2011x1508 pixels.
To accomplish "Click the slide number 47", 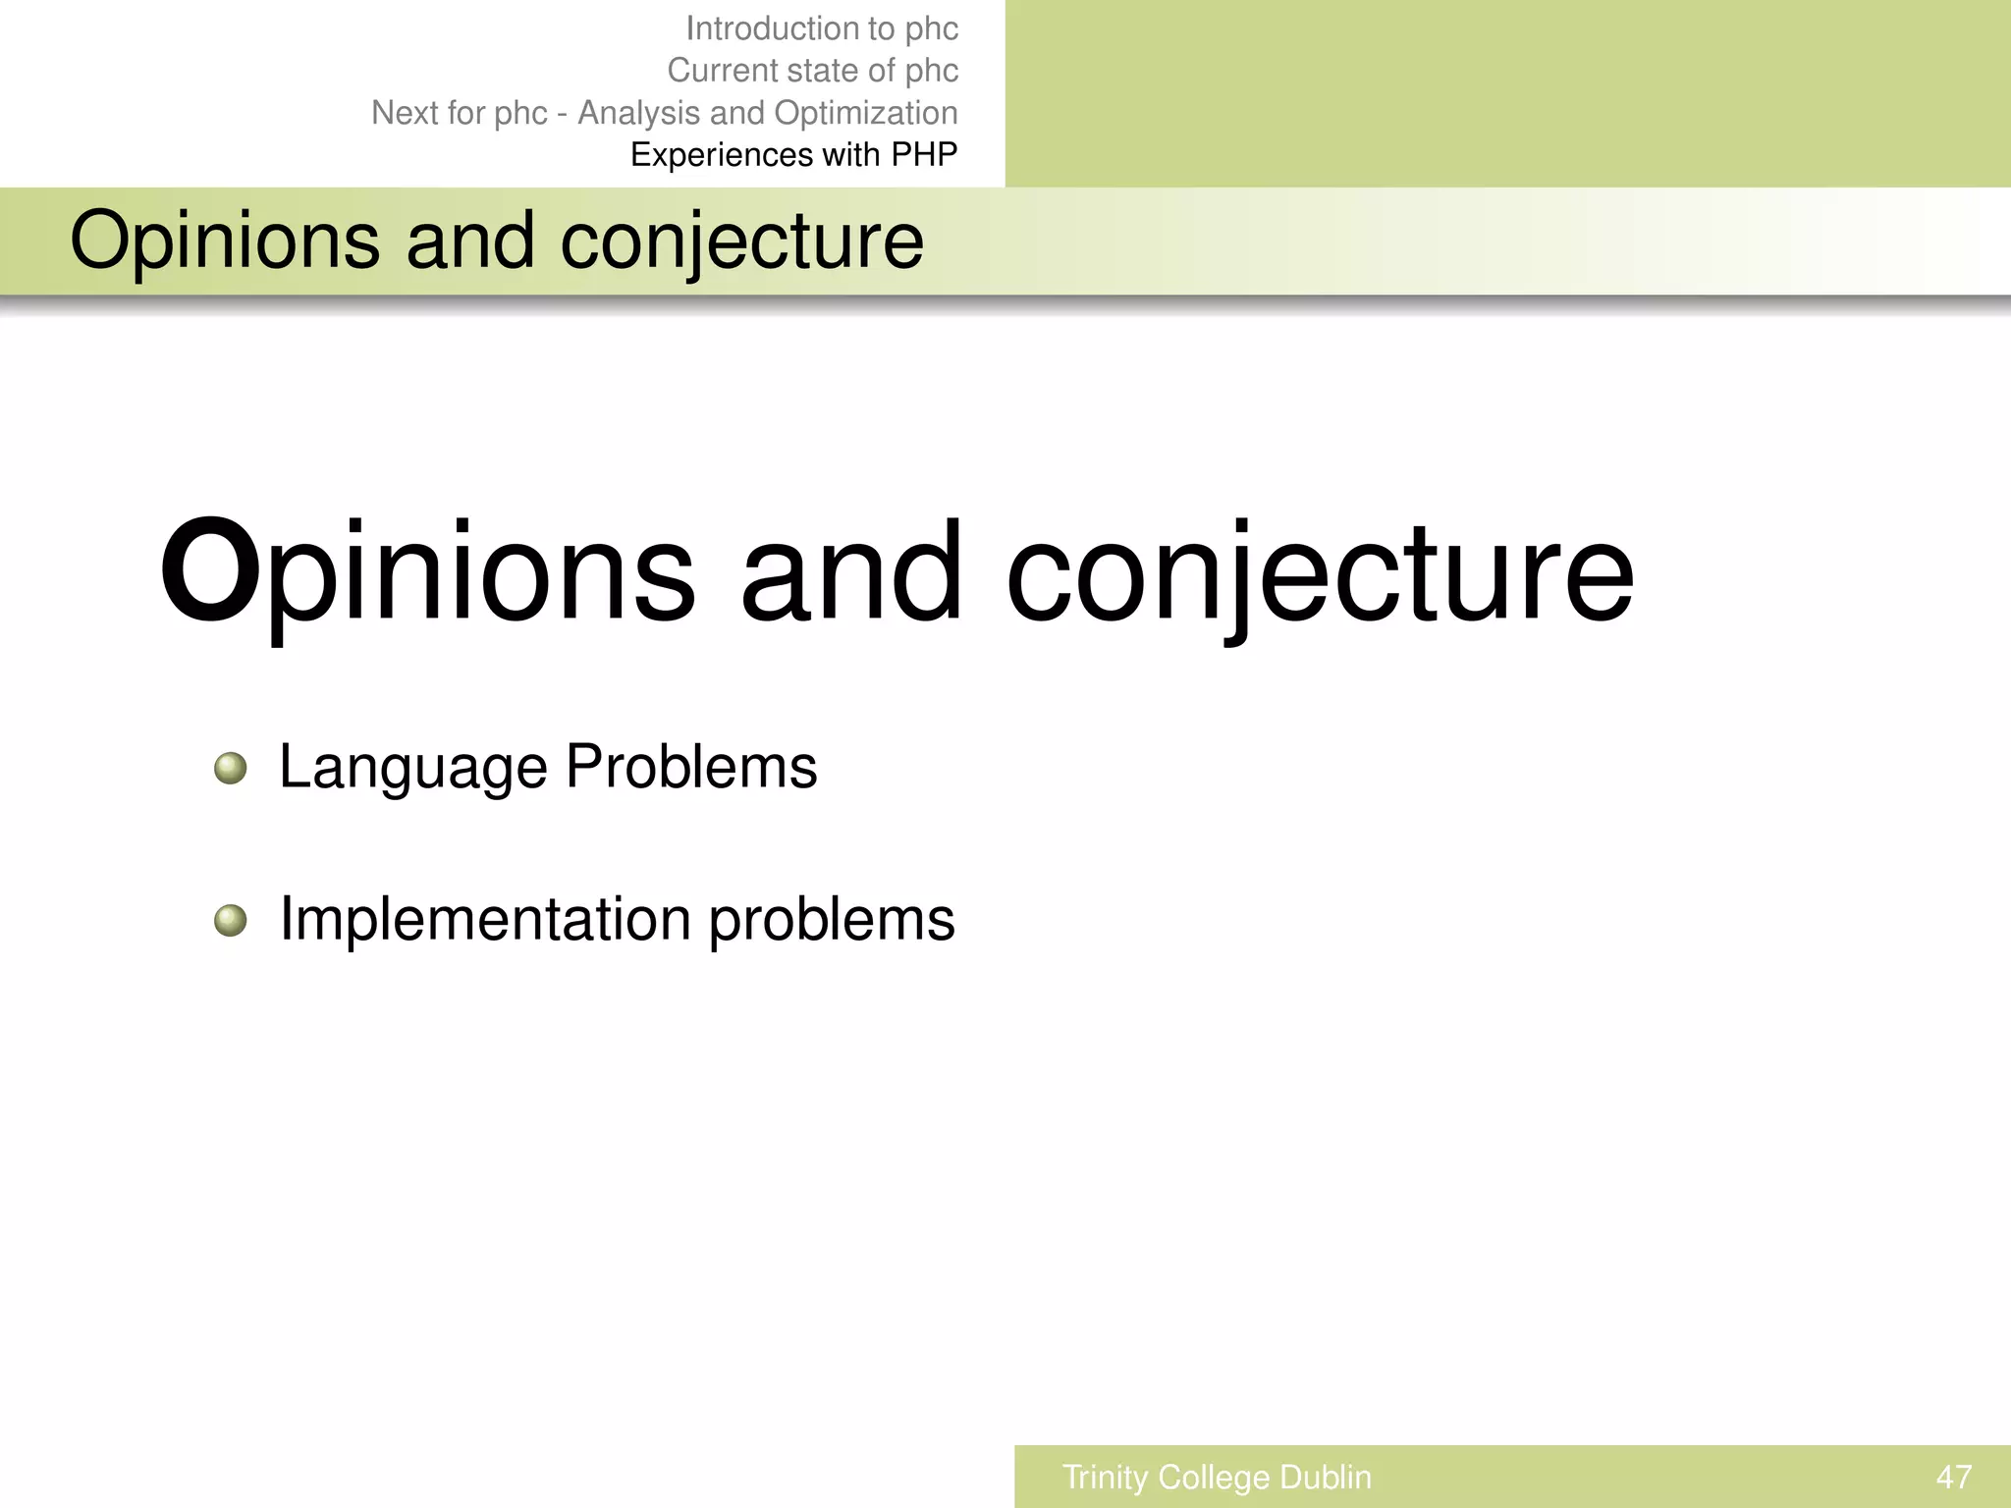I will (x=1953, y=1477).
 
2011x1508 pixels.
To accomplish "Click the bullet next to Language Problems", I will (x=231, y=768).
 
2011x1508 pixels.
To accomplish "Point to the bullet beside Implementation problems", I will (x=231, y=921).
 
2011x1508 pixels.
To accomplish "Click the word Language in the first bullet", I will (x=412, y=768).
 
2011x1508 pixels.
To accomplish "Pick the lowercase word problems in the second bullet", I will (x=832, y=921).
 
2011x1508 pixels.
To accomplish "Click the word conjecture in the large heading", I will (x=1320, y=573).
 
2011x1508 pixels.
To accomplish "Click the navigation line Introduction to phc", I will (x=821, y=28).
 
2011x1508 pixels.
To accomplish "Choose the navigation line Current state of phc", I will (x=812, y=71).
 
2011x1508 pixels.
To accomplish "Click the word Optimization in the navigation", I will (x=865, y=113).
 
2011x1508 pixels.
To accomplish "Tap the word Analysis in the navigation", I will (x=639, y=113).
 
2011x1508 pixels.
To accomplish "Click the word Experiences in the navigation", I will (x=722, y=155).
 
